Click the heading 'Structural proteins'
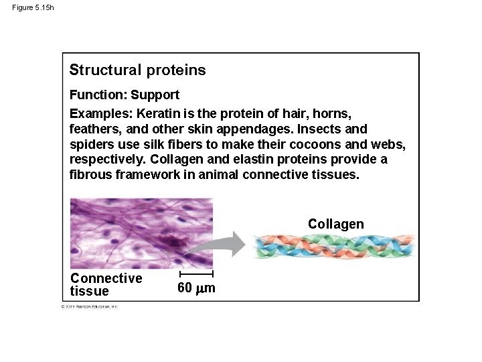[137, 70]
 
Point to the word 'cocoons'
[302, 144]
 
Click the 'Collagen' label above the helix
[335, 224]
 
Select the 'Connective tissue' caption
[106, 284]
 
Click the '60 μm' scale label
[197, 288]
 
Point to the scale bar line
[197, 274]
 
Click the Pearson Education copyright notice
[89, 306]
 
